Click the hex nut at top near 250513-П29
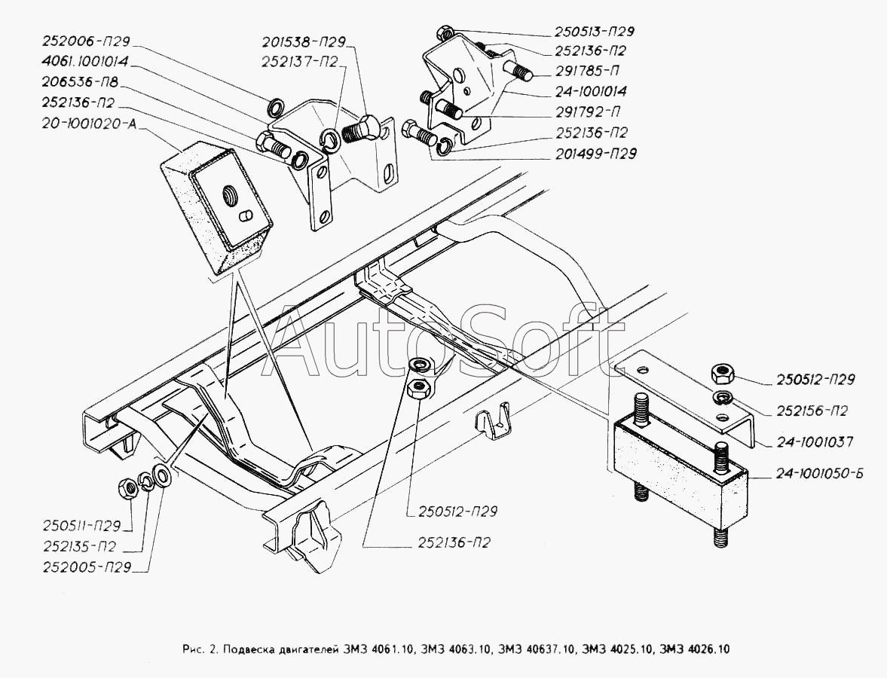pos(444,32)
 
